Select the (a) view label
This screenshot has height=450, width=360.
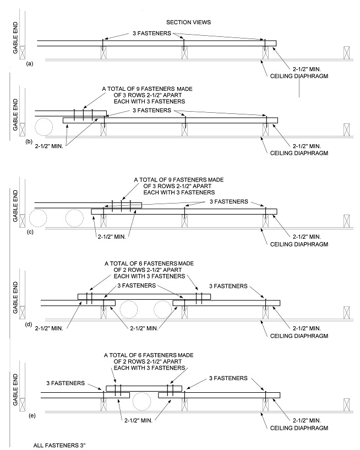[30, 64]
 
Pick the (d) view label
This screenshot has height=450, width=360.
[30, 325]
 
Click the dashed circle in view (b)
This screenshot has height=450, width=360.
[43, 128]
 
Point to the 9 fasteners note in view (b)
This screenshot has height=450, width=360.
[145, 95]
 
